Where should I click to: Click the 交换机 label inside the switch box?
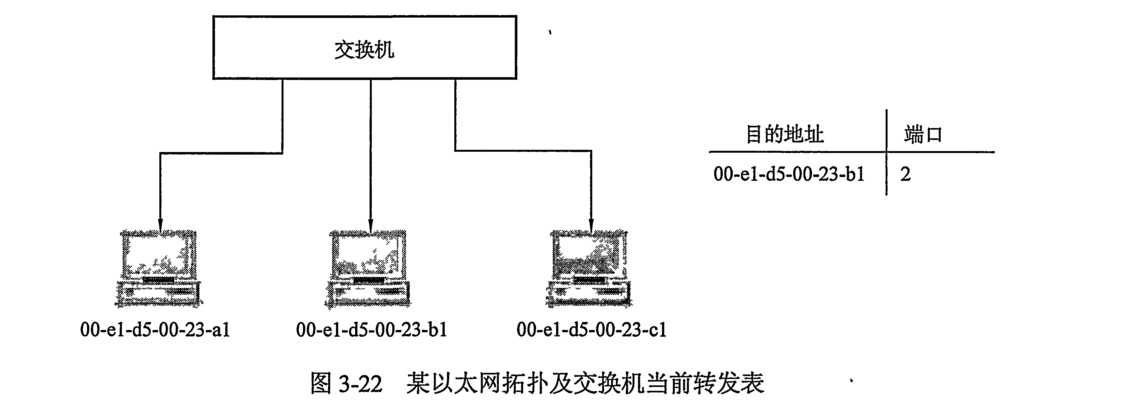[364, 49]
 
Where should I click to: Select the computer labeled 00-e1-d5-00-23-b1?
[368, 268]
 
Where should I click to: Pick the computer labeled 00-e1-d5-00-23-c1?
[589, 268]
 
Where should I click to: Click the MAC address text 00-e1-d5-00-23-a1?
[155, 330]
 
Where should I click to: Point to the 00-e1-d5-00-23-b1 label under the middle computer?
[372, 330]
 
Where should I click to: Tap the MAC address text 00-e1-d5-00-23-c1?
[592, 330]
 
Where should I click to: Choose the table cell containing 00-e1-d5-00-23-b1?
[789, 174]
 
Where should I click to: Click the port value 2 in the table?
[905, 174]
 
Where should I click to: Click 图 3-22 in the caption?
[346, 383]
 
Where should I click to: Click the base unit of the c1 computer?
[589, 293]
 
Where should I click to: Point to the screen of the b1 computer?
[368, 254]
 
